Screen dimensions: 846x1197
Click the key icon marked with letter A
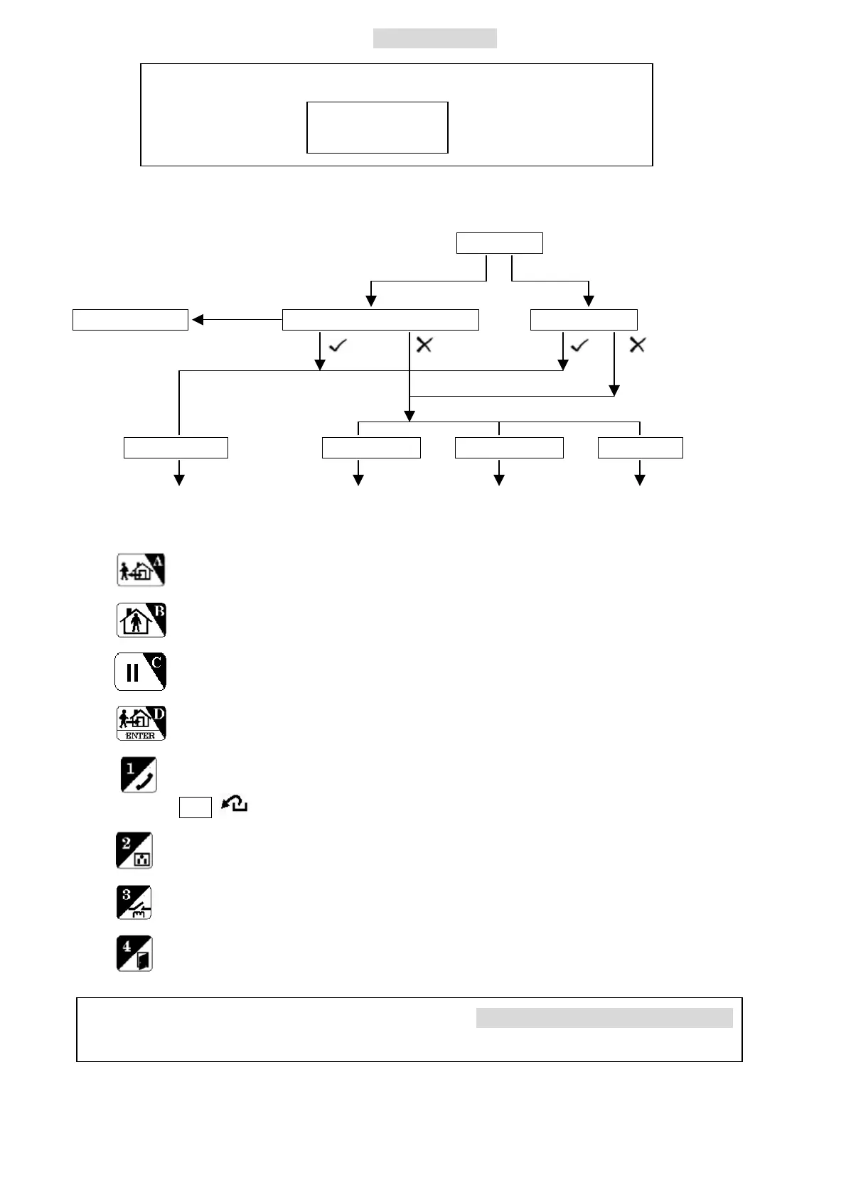pyautogui.click(x=141, y=570)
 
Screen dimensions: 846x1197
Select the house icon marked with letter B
pyautogui.click(x=141, y=621)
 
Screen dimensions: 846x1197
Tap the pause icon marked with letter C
pyautogui.click(x=140, y=672)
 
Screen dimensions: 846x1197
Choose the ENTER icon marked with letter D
pyautogui.click(x=141, y=723)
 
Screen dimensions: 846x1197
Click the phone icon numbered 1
pyautogui.click(x=139, y=775)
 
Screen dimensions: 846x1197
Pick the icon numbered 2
pyautogui.click(x=134, y=851)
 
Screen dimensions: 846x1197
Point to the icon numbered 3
pyautogui.click(x=134, y=903)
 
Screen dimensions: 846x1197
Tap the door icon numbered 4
pyautogui.click(x=134, y=954)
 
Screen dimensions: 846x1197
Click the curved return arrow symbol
pyautogui.click(x=235, y=805)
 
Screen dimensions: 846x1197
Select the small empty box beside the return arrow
pyautogui.click(x=195, y=807)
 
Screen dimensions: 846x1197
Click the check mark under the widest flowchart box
pyautogui.click(x=338, y=345)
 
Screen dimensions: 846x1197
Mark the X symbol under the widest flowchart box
pyautogui.click(x=424, y=345)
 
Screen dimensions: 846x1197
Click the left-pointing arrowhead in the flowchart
pyautogui.click(x=198, y=320)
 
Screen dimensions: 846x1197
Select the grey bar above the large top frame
pyautogui.click(x=434, y=38)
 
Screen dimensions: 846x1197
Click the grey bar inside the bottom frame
pyautogui.click(x=604, y=1018)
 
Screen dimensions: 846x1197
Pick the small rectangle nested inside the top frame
pyautogui.click(x=377, y=127)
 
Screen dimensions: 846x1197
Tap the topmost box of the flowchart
pyautogui.click(x=499, y=243)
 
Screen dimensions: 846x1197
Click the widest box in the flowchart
pyautogui.click(x=380, y=320)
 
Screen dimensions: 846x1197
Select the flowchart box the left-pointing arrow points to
pyautogui.click(x=130, y=320)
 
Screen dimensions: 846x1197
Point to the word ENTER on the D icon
pyautogui.click(x=140, y=736)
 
